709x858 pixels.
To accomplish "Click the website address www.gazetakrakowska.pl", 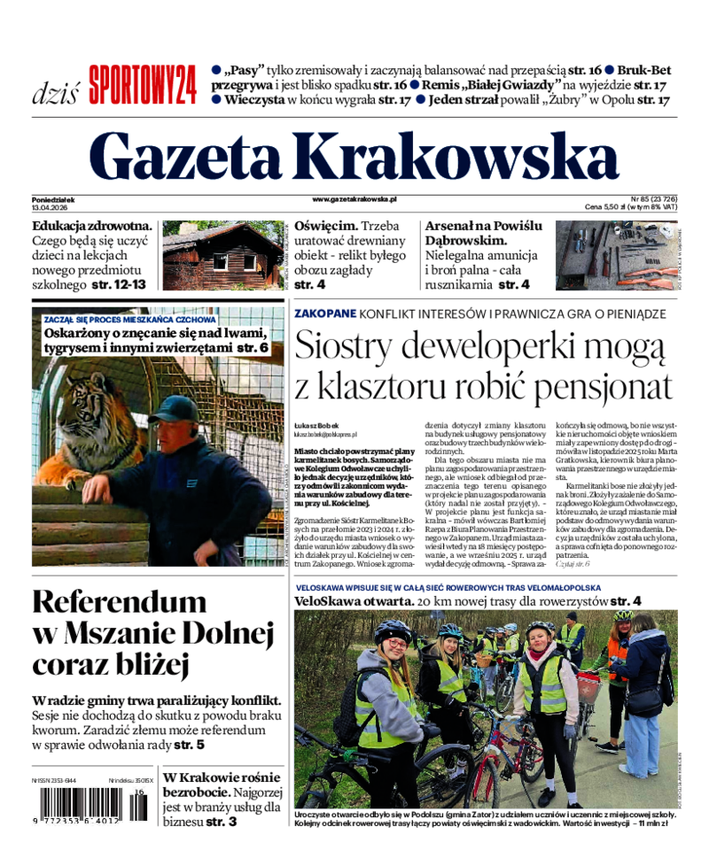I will pyautogui.click(x=354, y=200).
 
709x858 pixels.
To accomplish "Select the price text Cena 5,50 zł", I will pyautogui.click(x=608, y=207).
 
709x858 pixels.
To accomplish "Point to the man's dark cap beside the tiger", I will pyautogui.click(x=174, y=409).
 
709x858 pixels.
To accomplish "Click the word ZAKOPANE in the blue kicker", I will pyautogui.click(x=325, y=313).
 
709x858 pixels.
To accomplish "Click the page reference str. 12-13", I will pyautogui.click(x=119, y=284).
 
